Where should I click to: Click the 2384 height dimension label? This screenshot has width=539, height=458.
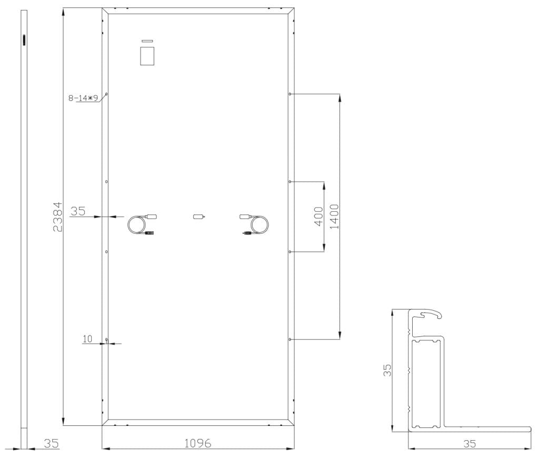(58, 216)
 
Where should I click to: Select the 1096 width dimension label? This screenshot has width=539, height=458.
(197, 443)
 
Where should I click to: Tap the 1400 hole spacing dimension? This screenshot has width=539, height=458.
(333, 216)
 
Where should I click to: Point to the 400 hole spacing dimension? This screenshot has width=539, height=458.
(317, 216)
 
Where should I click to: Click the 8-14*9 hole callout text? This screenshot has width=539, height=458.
(83, 97)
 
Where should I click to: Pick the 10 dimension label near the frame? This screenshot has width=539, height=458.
(87, 338)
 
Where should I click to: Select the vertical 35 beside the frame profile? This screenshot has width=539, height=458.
(387, 370)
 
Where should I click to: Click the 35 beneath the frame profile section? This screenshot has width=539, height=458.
(470, 443)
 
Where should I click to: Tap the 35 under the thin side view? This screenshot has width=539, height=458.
(51, 443)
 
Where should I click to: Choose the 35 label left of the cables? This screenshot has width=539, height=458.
(77, 211)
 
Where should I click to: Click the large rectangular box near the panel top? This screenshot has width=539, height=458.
(147, 56)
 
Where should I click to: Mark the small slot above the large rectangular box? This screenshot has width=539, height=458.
(147, 41)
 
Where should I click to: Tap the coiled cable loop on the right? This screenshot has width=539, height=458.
(259, 225)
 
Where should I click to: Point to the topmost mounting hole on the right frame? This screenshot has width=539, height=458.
(290, 94)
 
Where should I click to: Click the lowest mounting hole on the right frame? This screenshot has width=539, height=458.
(290, 340)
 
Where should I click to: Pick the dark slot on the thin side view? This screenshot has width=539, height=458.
(24, 40)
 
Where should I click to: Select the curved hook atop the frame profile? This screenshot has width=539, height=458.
(430, 314)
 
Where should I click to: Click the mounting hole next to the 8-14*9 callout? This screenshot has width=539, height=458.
(106, 94)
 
